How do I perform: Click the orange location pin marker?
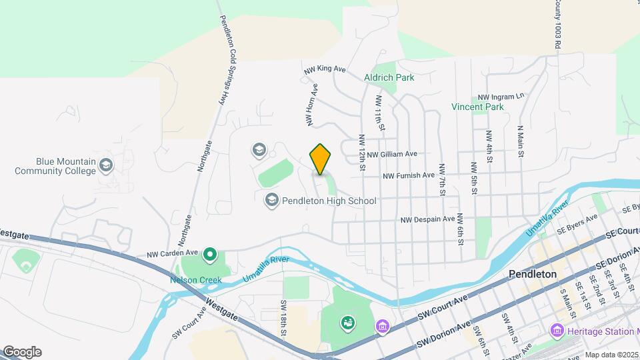coord(321,159)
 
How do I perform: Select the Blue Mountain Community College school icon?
coord(106,164)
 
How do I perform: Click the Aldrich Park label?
coord(389,77)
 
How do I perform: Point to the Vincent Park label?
coord(477,107)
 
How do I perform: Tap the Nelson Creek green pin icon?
coord(211,254)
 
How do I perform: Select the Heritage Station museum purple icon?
coord(556,331)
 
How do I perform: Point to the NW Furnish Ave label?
coord(409,176)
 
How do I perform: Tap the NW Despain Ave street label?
coord(428,219)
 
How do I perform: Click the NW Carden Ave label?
coord(173,253)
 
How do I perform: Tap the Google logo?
coord(22,352)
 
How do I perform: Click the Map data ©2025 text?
coord(612,355)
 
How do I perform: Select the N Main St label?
coord(519,141)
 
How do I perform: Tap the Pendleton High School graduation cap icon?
coord(271,199)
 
